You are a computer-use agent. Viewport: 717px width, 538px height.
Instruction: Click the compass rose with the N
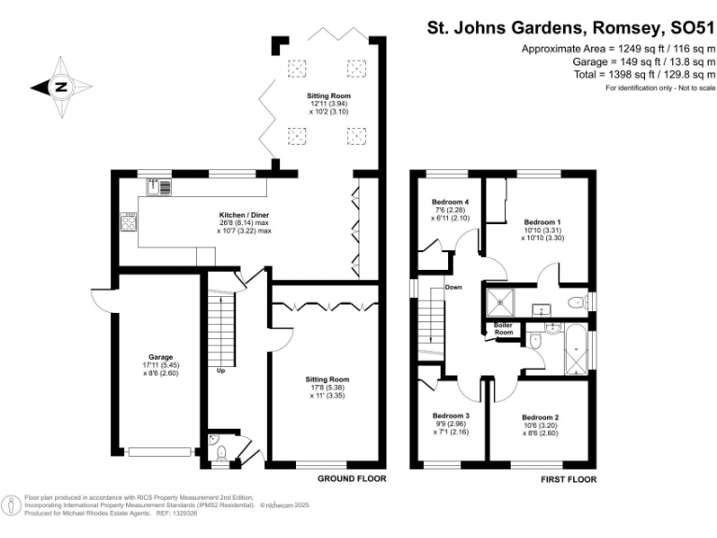pyautogui.click(x=61, y=88)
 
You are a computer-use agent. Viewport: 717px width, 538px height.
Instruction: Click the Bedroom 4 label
pyautogui.click(x=450, y=202)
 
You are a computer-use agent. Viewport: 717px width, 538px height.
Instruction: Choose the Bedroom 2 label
pyautogui.click(x=541, y=417)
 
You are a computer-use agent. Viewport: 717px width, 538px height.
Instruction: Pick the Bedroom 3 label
pyautogui.click(x=451, y=416)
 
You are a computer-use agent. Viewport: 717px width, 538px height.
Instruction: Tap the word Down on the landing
pyautogui.click(x=454, y=287)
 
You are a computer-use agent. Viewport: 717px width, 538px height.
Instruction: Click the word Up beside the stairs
pyautogui.click(x=220, y=371)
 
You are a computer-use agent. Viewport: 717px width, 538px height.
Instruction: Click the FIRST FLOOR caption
pyautogui.click(x=568, y=479)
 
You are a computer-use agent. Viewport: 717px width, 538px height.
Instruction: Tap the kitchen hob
pyautogui.click(x=129, y=222)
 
